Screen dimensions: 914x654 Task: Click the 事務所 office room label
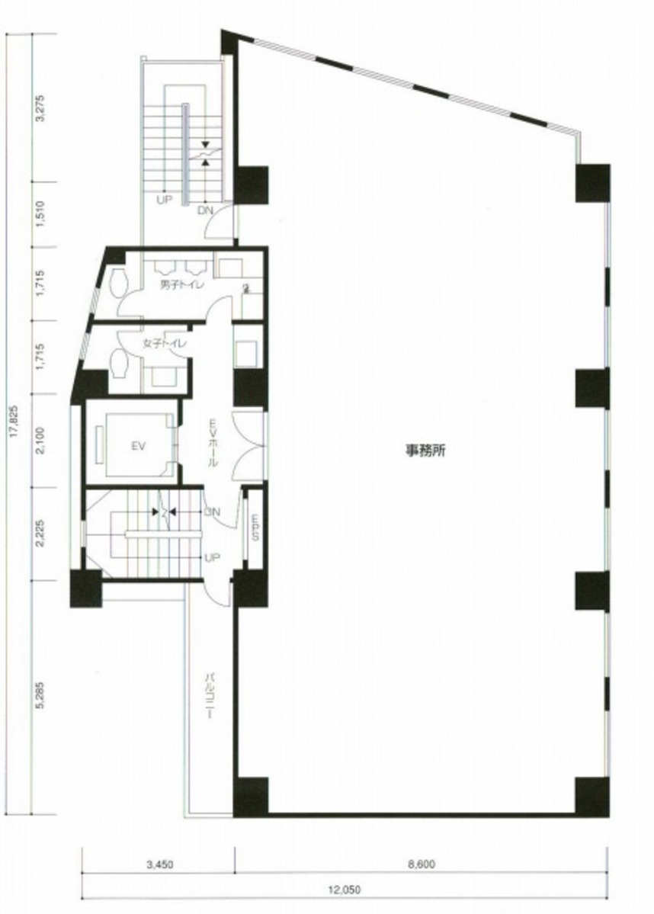tap(425, 451)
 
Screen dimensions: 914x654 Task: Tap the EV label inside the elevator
tap(138, 447)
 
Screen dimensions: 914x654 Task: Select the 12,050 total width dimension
tap(345, 889)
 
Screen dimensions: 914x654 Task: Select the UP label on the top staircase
tap(163, 201)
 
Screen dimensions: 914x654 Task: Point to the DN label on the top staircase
tap(204, 210)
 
